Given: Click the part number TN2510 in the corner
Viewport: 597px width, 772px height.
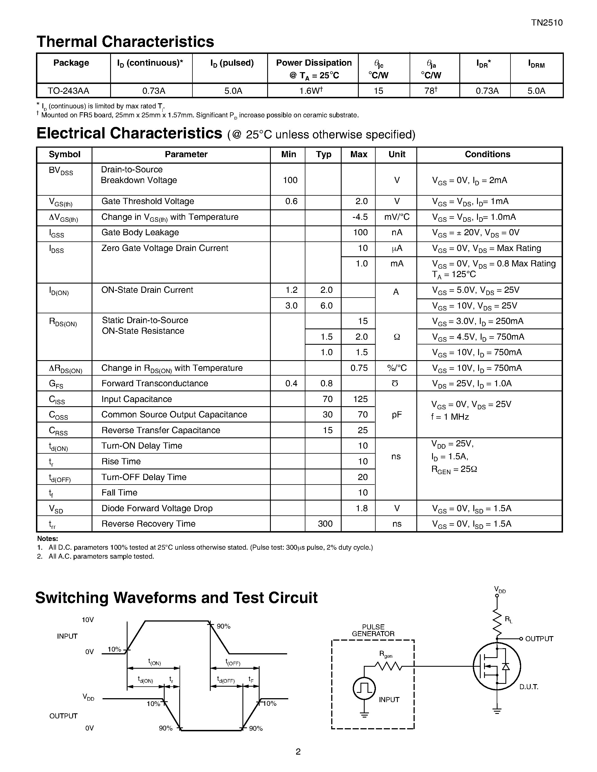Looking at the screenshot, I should point(546,23).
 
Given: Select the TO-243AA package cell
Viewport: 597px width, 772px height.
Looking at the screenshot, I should point(69,91).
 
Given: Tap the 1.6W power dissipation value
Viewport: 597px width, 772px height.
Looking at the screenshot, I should point(311,91).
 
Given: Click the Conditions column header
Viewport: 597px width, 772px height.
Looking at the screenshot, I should point(487,154).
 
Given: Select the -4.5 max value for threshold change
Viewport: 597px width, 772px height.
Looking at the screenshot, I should point(360,217).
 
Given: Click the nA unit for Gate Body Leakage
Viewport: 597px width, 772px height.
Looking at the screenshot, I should point(396,233).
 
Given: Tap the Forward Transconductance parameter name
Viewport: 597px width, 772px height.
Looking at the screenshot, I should point(155,383).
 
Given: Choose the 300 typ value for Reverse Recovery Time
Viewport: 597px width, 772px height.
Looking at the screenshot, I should point(325,524).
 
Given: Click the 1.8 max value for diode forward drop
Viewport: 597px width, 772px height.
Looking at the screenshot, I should point(362,508).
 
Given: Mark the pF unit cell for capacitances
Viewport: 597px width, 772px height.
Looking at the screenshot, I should point(396,415).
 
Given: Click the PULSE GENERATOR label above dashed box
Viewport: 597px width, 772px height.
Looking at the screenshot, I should point(373,630).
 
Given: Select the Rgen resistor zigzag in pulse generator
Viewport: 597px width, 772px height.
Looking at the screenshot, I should point(388,666).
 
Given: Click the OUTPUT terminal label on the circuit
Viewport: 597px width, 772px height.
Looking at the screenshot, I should point(539,639).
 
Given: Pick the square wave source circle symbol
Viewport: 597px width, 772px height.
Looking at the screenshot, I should point(364,688).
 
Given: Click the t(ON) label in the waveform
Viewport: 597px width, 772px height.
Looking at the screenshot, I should point(154,662).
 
